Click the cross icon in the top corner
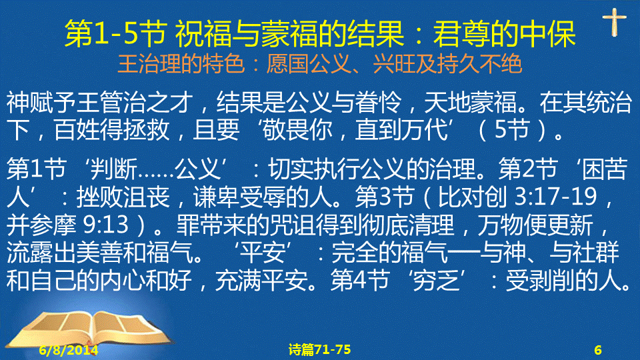coord(614,21)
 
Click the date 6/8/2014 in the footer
coord(69,350)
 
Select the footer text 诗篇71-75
coord(319,349)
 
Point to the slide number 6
coord(598,350)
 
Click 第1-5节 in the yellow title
coord(115,33)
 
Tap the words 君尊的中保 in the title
coord(504,33)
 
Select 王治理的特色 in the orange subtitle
coord(181,64)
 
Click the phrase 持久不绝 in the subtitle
coord(479,64)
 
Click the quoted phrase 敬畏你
coord(297,130)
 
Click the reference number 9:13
coord(106,225)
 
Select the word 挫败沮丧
coord(123,197)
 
